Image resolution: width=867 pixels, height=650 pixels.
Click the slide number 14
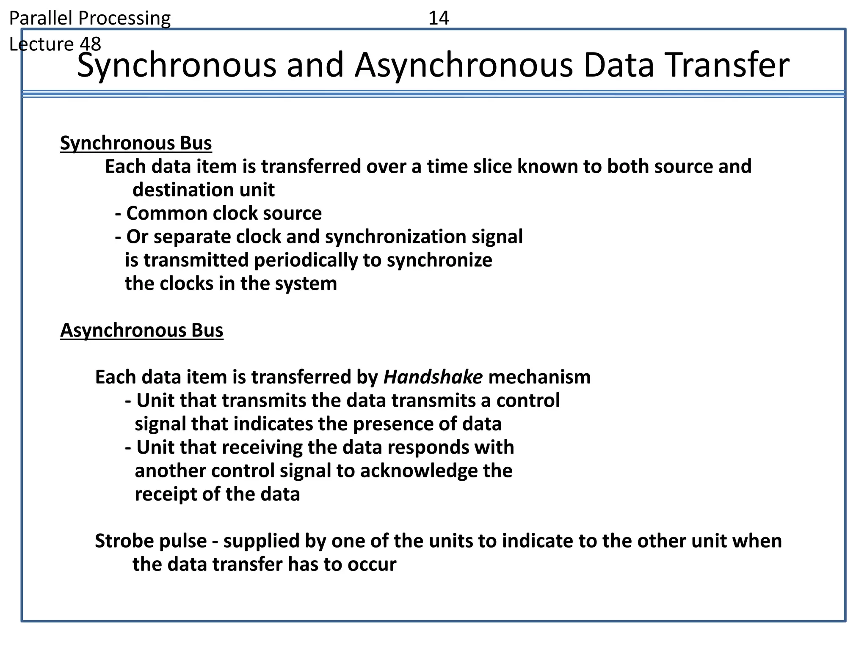(439, 18)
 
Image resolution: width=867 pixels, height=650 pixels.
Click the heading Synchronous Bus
(136, 143)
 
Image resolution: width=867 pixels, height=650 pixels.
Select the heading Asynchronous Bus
(141, 331)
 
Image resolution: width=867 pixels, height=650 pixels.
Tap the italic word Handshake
(433, 377)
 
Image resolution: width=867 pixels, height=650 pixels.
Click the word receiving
(262, 447)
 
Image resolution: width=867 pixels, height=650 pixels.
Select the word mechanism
(539, 377)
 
